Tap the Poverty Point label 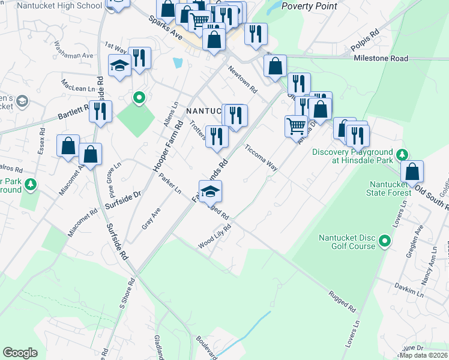pyautogui.click(x=309, y=6)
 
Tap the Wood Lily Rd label pyautogui.click(x=215, y=238)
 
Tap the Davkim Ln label pyautogui.click(x=409, y=287)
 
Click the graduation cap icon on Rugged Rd pyautogui.click(x=210, y=191)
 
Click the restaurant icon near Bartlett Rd pyautogui.click(x=101, y=111)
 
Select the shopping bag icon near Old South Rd pyautogui.click(x=412, y=171)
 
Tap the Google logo pyautogui.click(x=20, y=353)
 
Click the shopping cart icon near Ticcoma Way pyautogui.click(x=296, y=127)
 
